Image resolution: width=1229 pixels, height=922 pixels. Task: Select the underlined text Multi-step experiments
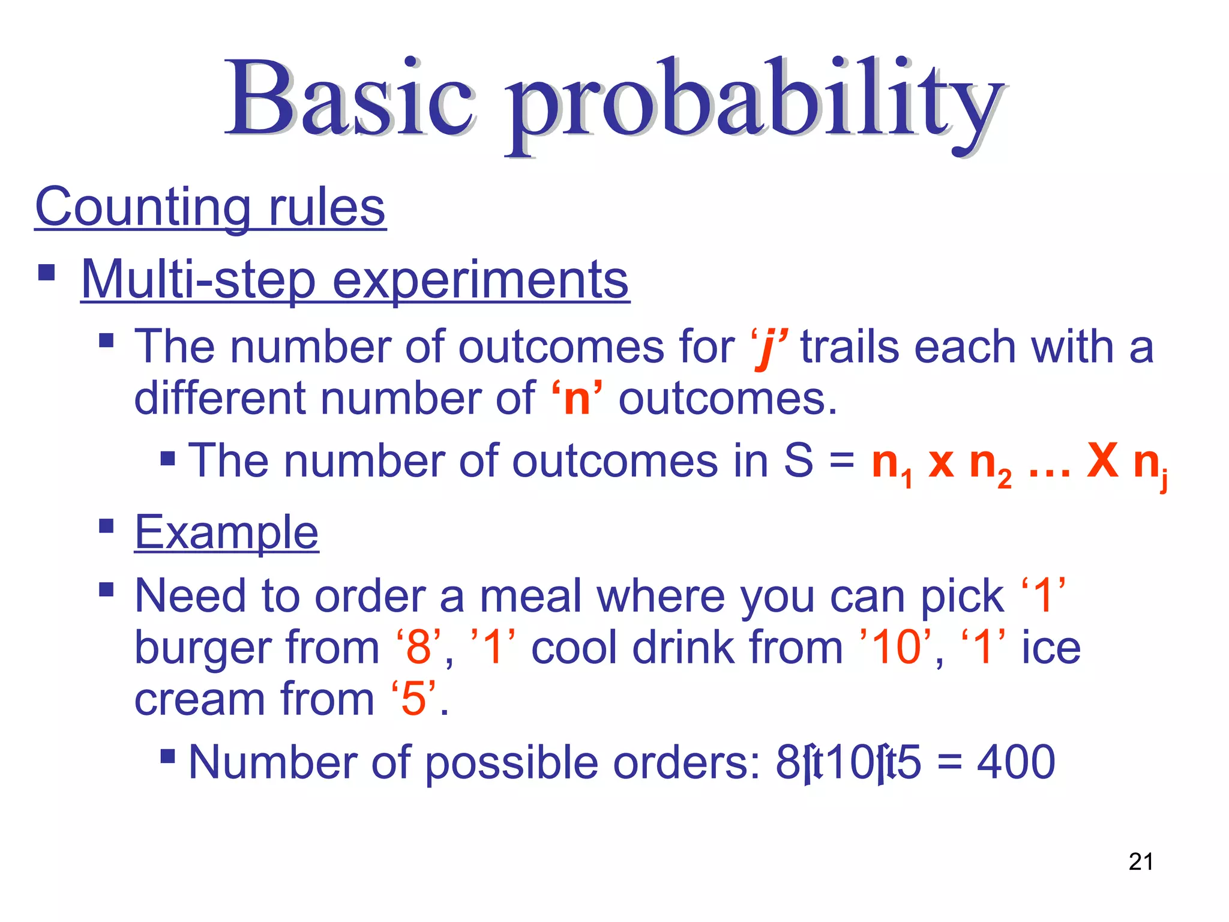[355, 280]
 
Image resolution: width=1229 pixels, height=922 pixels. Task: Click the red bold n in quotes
[577, 399]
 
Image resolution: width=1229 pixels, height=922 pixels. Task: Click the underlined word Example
[226, 532]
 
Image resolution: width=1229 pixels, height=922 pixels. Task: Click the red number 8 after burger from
[418, 648]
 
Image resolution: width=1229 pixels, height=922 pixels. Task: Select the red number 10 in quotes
[897, 648]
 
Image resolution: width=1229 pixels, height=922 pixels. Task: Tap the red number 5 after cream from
[413, 700]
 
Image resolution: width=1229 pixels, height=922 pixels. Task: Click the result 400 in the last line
[1015, 762]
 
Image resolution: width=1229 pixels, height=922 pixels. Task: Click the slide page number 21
[1140, 862]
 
